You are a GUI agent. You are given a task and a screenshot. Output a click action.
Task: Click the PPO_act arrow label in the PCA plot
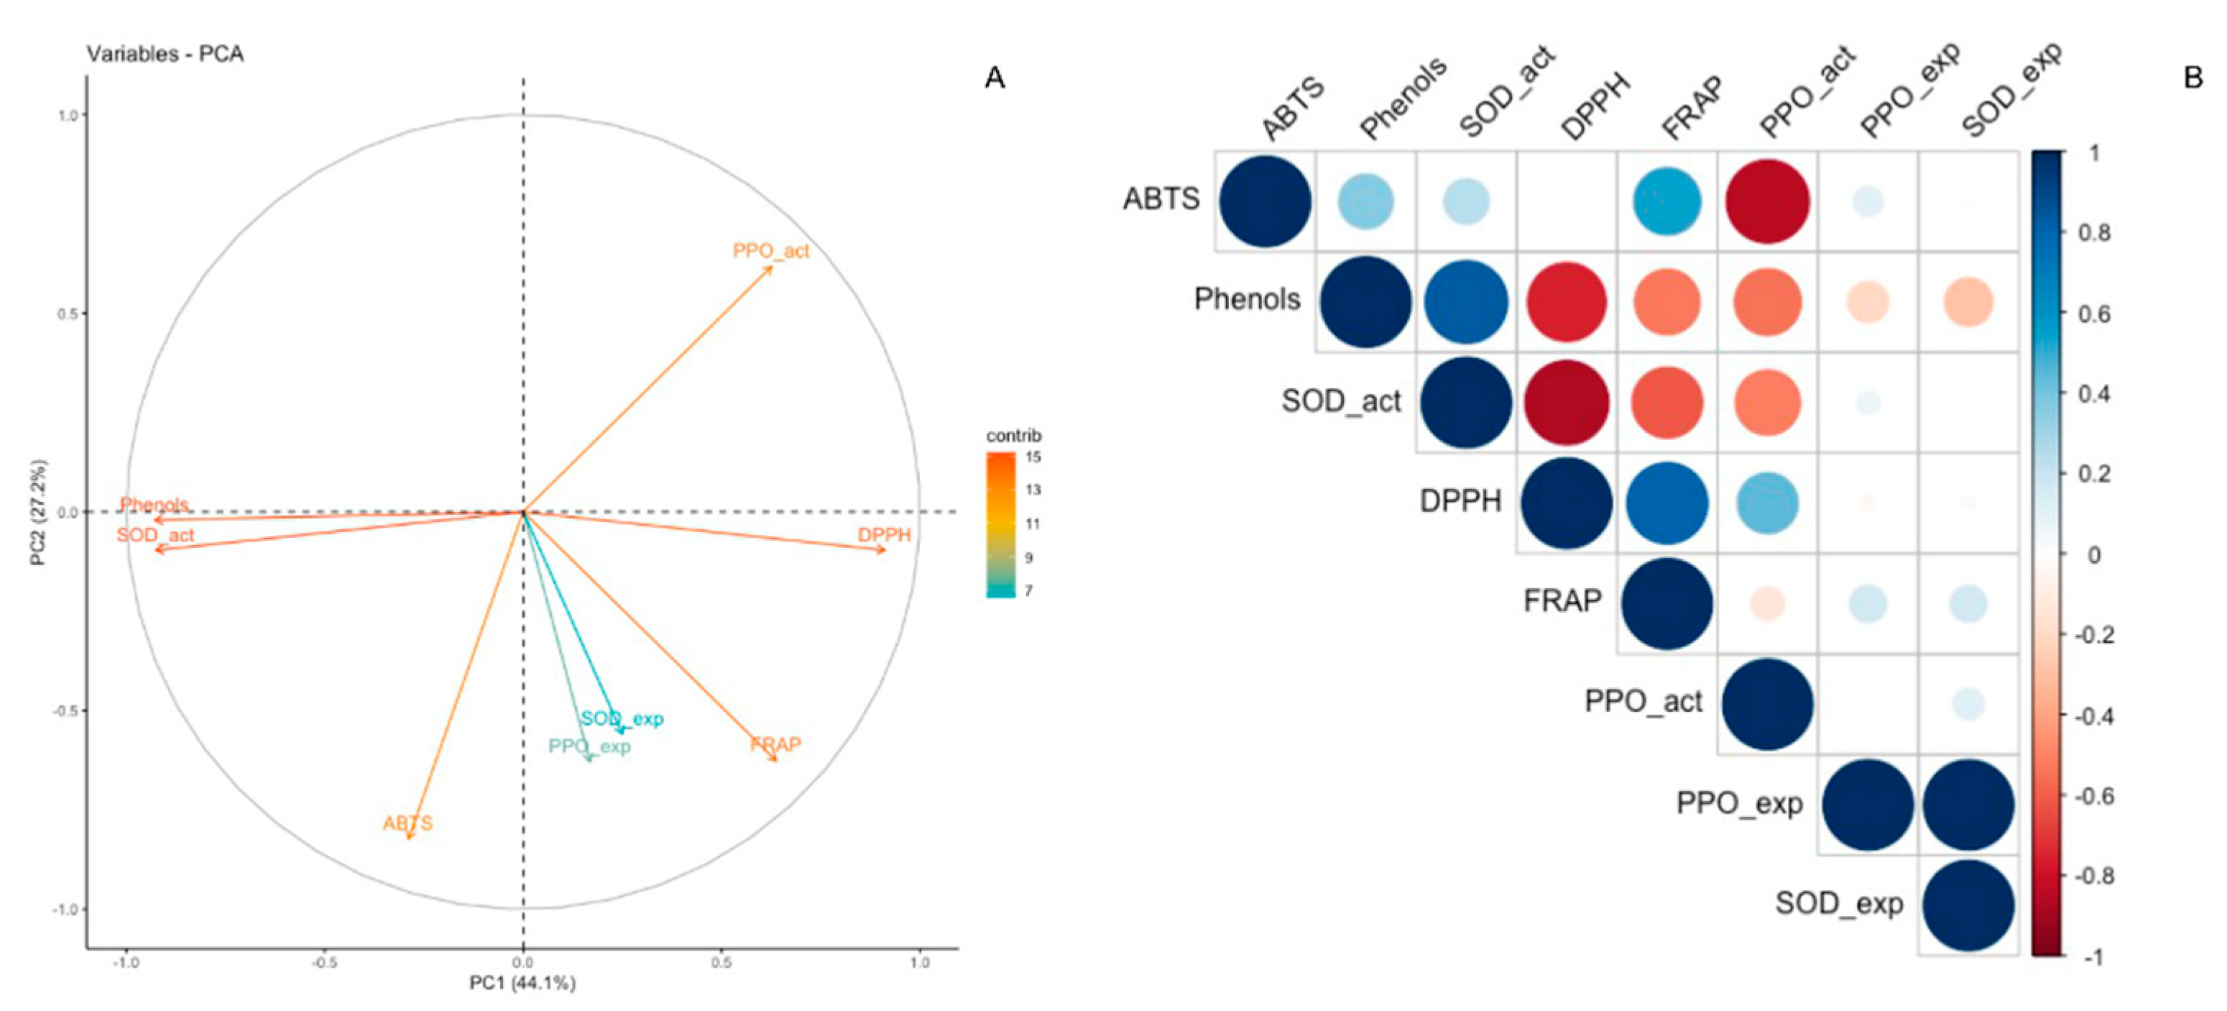[770, 251]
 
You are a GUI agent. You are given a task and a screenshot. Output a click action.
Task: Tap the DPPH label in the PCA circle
[883, 534]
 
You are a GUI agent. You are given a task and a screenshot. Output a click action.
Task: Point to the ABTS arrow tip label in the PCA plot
[407, 823]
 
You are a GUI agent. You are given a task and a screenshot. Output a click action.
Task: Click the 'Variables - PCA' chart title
[165, 54]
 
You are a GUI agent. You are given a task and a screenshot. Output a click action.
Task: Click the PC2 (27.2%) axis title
[38, 512]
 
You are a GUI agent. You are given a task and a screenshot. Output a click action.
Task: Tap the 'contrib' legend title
[1013, 435]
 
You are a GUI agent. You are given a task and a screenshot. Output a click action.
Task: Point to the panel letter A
[995, 78]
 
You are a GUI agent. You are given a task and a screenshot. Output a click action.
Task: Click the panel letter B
[2193, 78]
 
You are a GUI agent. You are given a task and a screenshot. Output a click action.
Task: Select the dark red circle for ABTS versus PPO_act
[1767, 201]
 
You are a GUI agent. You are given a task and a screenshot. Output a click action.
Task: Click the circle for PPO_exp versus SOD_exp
[1968, 805]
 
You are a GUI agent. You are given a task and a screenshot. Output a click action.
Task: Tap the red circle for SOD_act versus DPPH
[1566, 402]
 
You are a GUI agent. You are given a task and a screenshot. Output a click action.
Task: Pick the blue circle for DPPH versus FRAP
[1666, 503]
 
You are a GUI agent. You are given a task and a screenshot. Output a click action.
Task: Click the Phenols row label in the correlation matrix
[1247, 299]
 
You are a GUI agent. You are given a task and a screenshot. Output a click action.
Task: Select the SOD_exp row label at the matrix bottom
[1839, 904]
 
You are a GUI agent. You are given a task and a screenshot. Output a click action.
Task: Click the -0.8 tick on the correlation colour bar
[2094, 875]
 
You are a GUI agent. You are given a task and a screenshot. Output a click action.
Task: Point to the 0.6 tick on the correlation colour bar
[2094, 313]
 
